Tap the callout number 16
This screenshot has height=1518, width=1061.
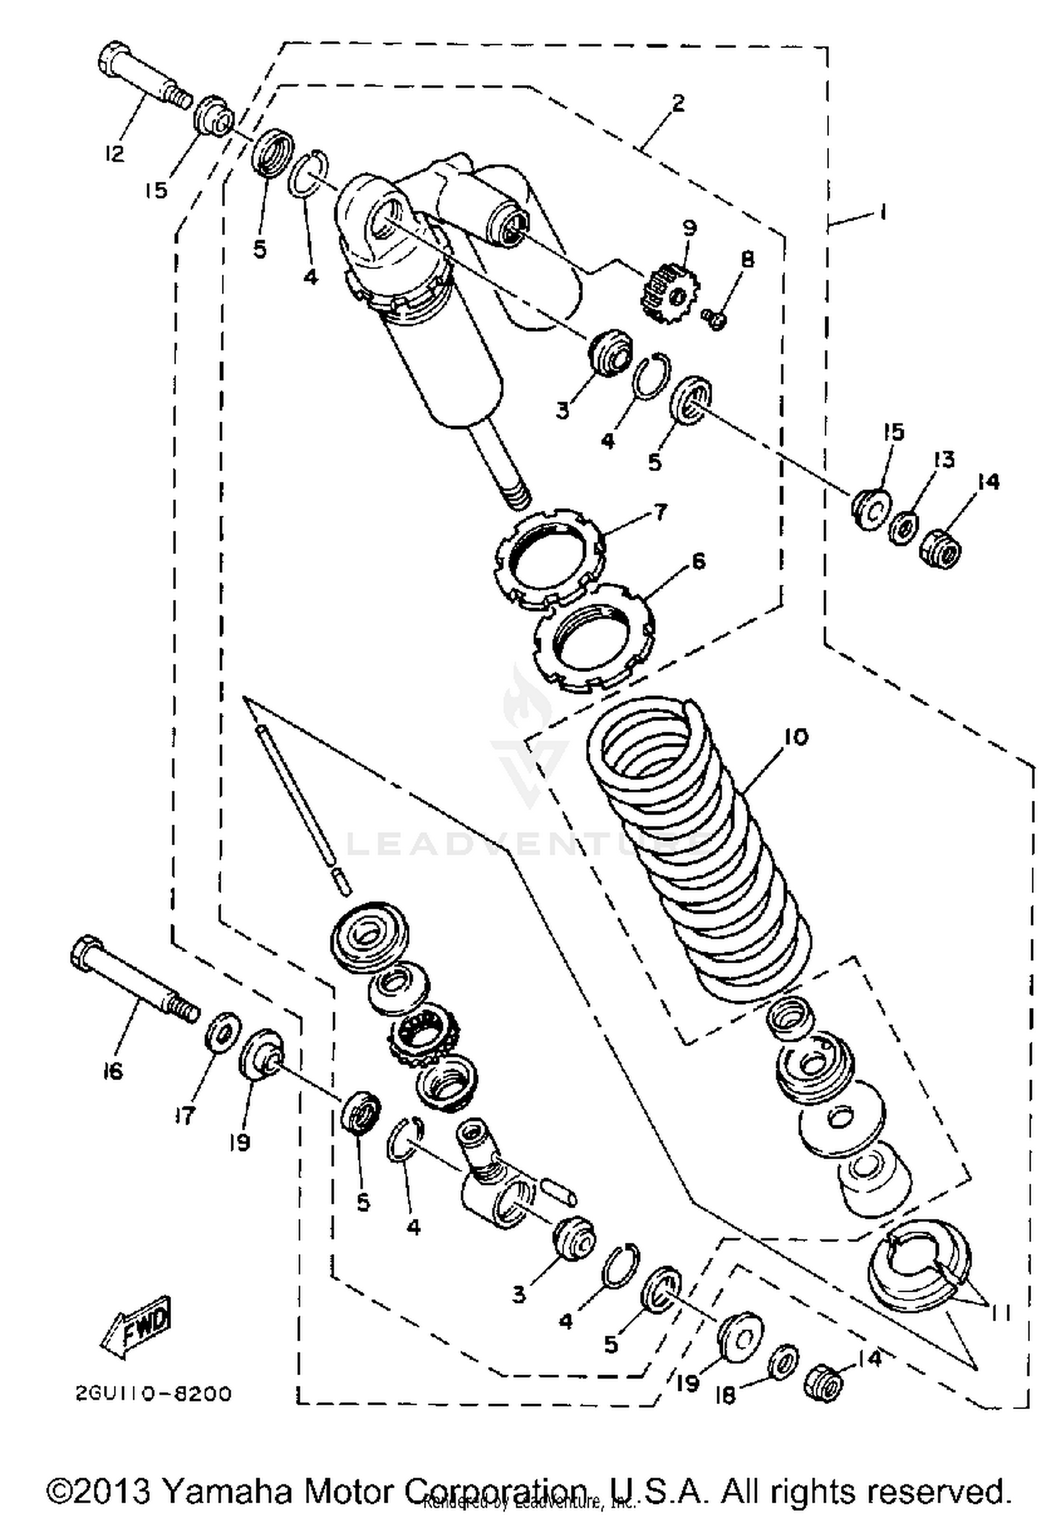point(111,1072)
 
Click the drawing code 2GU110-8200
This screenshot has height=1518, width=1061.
point(153,1394)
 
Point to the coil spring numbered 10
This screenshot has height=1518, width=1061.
point(700,849)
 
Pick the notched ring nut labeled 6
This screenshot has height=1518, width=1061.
point(594,635)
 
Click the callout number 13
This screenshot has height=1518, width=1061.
point(944,459)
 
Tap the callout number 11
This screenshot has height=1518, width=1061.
point(999,1312)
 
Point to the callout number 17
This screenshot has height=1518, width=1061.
point(185,1116)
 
